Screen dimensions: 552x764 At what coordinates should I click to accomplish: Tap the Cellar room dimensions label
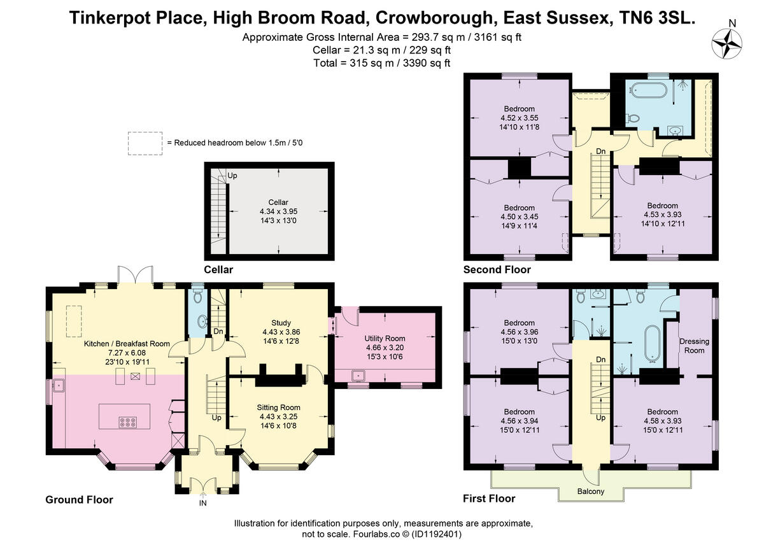point(278,216)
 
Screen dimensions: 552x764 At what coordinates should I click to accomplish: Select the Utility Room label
point(385,338)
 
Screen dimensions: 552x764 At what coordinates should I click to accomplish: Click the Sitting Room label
point(278,407)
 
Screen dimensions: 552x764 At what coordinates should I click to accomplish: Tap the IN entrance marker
point(203,503)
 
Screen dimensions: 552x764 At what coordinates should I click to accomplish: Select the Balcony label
point(591,492)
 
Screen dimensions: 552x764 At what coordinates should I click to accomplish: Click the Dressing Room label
point(694,346)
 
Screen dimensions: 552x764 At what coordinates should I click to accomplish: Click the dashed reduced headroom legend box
point(145,143)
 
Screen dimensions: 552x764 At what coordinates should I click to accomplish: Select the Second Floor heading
point(497,269)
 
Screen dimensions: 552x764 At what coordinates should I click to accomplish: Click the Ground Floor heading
point(79,500)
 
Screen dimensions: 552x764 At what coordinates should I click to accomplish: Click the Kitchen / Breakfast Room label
point(127,343)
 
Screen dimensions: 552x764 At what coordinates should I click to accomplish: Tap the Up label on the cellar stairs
point(232,175)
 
